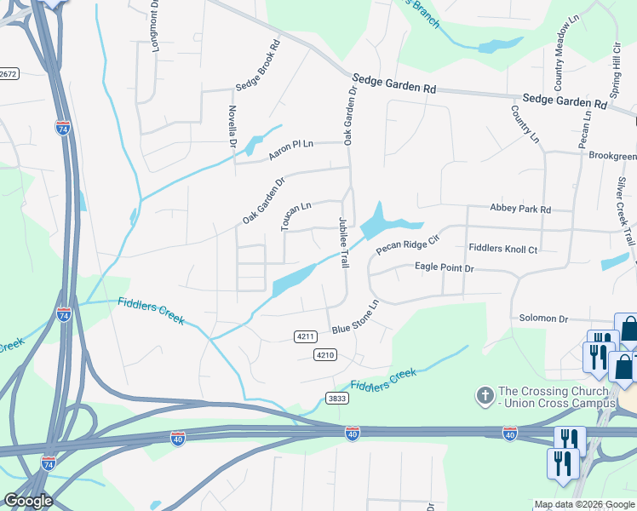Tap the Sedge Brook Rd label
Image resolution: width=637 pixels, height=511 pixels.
point(259,66)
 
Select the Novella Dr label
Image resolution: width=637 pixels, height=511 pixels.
point(232,126)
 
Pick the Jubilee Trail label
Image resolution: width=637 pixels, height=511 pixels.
point(344,242)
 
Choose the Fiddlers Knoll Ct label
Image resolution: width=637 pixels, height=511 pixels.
point(503,249)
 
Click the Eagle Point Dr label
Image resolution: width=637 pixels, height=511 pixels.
point(444,267)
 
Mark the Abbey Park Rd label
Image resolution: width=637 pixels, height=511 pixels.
point(520,209)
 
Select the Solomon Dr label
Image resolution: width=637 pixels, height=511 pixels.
point(543,319)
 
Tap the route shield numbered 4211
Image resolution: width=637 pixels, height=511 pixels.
point(307,336)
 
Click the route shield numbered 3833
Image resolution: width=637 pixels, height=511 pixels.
point(336,398)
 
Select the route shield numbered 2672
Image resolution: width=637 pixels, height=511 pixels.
point(9,74)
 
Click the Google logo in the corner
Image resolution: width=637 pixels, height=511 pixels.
point(28,501)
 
